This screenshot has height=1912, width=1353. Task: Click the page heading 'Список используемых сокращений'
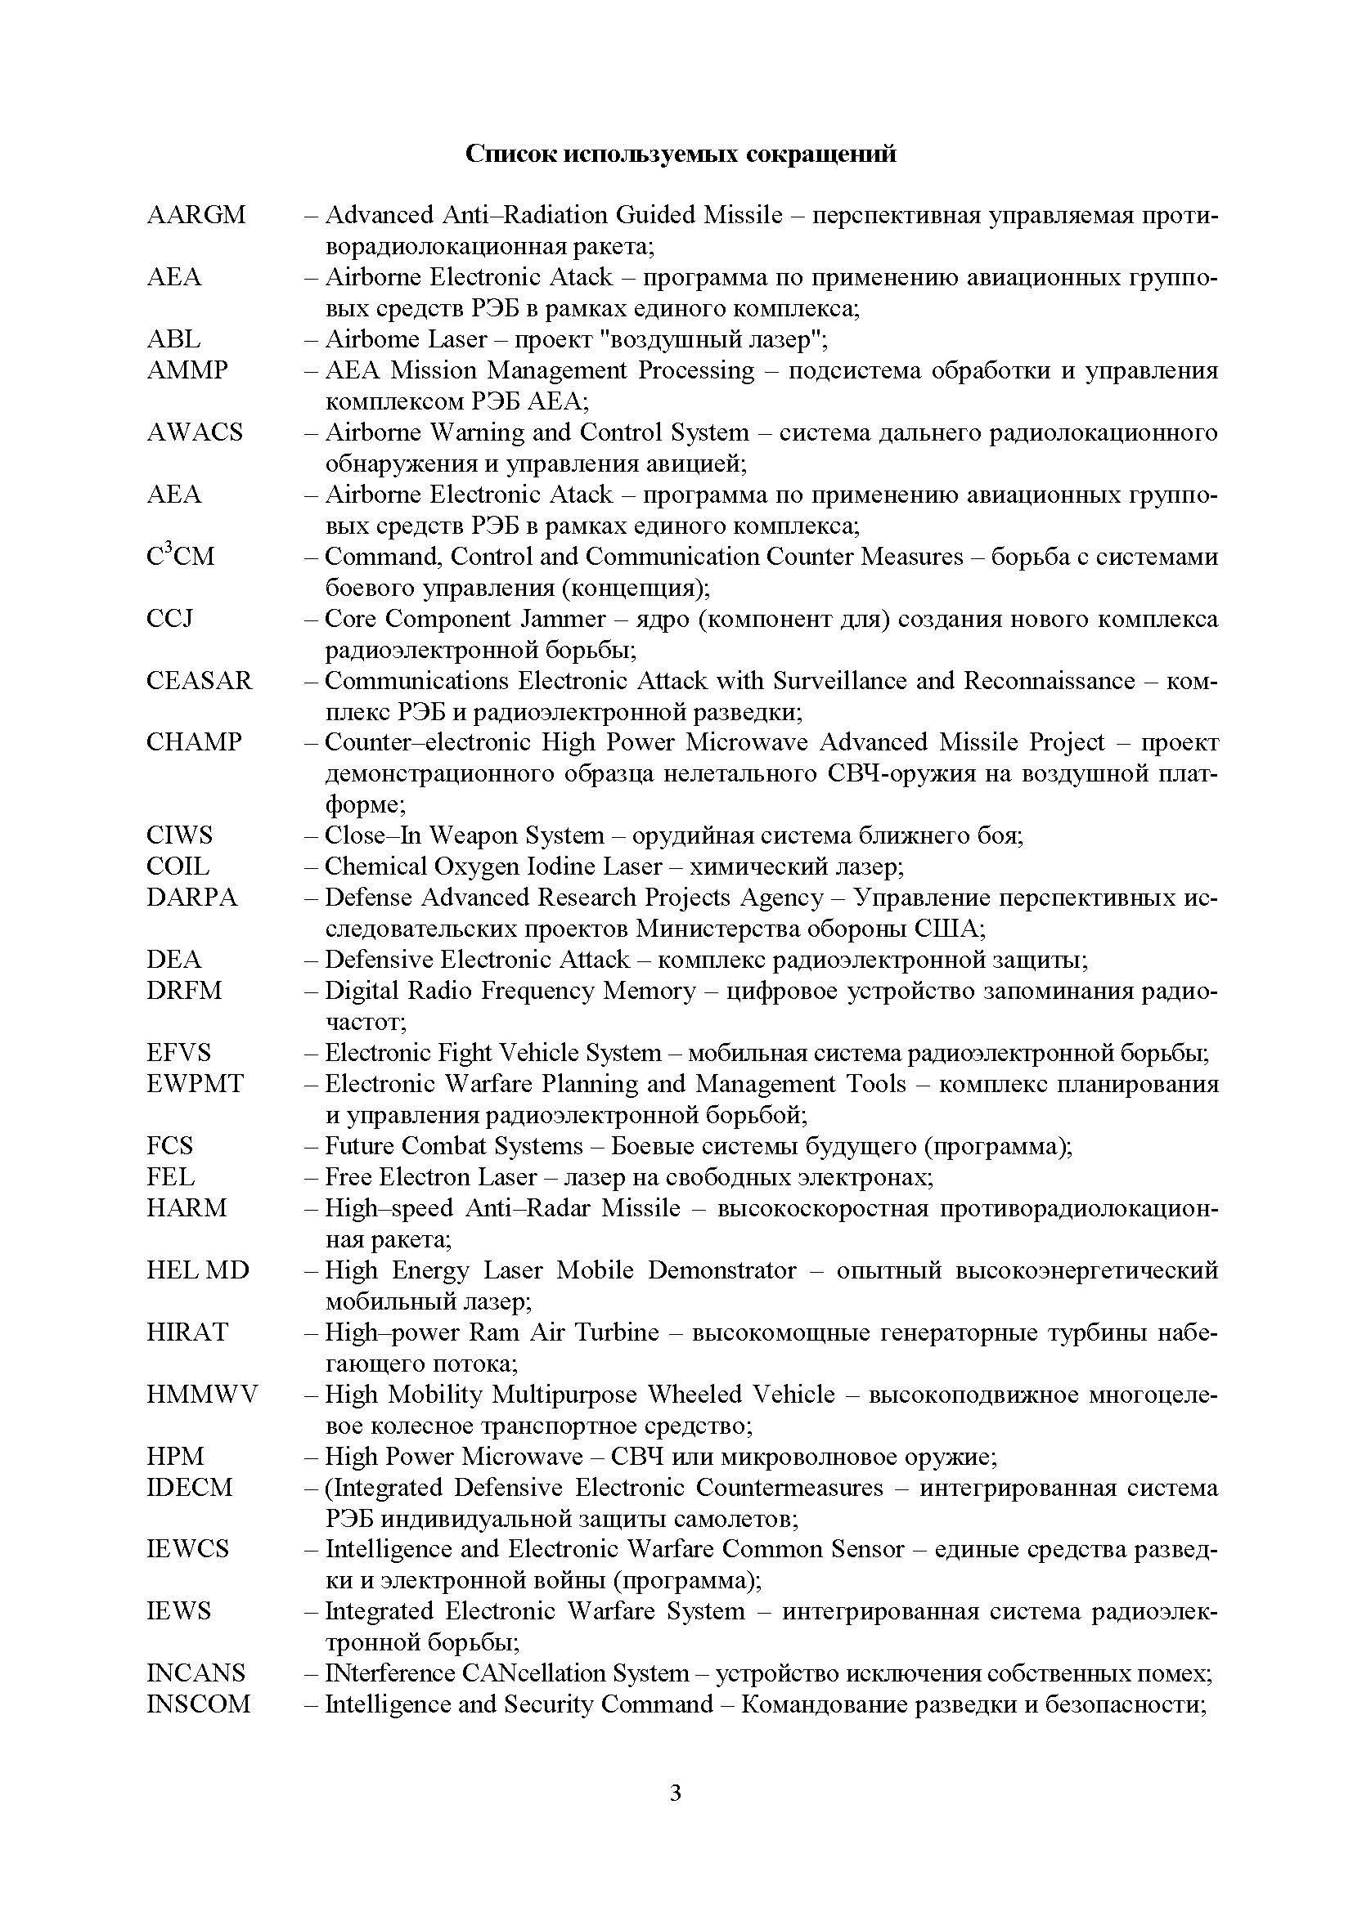(680, 154)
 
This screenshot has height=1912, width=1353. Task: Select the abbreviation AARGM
(196, 215)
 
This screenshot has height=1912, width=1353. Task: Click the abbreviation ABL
(173, 339)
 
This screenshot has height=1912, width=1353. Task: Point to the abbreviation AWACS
(194, 432)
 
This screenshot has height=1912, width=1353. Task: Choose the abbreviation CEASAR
(198, 680)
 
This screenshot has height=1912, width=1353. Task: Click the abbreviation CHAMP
(194, 742)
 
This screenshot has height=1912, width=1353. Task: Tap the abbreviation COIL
(178, 866)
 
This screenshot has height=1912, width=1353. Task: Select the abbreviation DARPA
(191, 897)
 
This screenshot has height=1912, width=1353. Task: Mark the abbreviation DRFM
(184, 990)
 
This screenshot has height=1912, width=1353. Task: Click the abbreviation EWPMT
(195, 1083)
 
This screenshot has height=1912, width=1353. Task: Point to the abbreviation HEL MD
(197, 1270)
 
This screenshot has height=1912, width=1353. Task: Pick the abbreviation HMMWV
(201, 1394)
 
